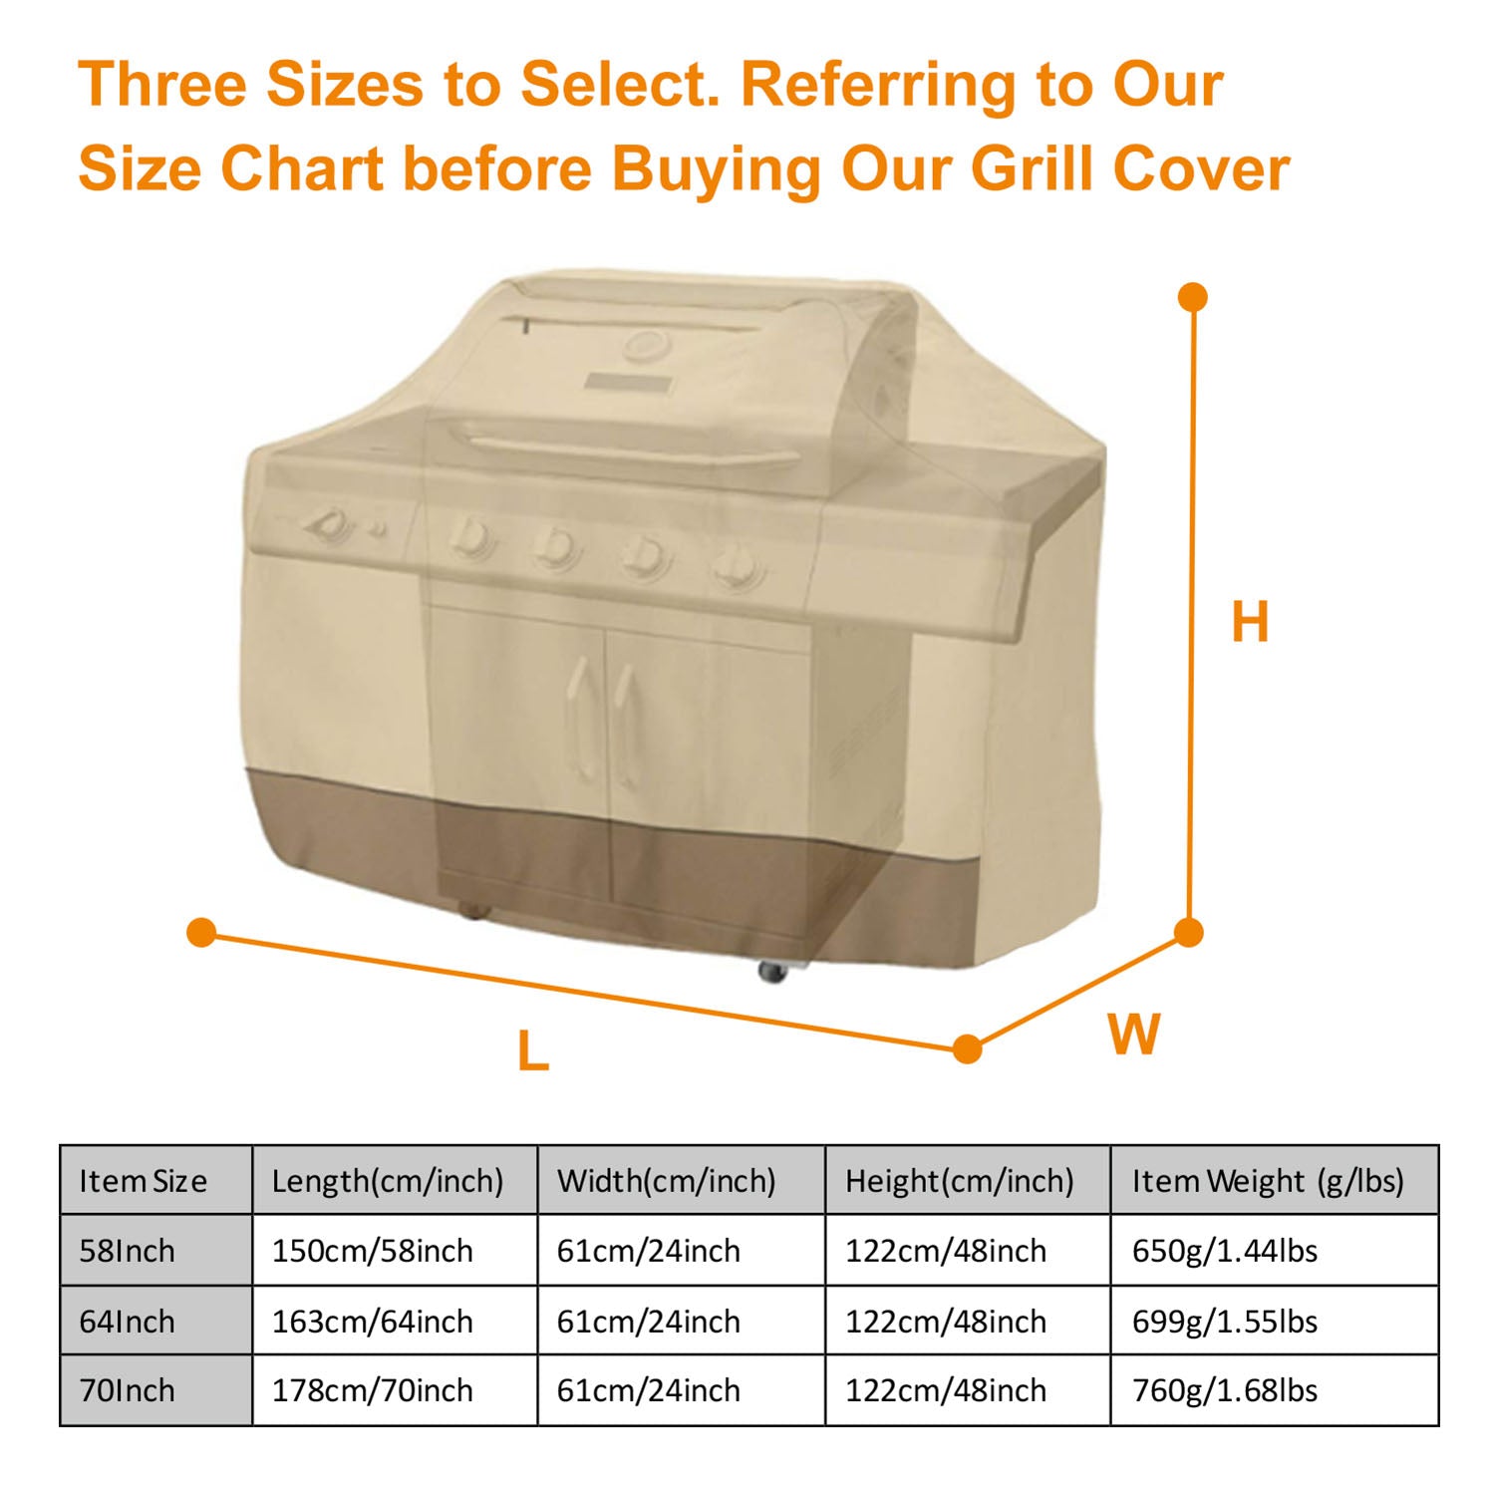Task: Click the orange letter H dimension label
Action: click(1250, 622)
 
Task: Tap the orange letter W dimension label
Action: click(1134, 1034)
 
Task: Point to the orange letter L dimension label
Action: click(533, 1050)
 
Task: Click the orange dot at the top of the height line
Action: click(1192, 297)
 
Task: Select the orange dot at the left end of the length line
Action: click(201, 933)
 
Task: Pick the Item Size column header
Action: click(144, 1181)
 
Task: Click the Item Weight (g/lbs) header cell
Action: click(1268, 1182)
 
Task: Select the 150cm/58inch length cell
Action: click(373, 1251)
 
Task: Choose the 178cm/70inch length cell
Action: click(373, 1390)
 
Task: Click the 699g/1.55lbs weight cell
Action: click(1225, 1322)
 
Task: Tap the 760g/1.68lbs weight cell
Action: click(1225, 1390)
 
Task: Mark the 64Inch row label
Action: click(127, 1322)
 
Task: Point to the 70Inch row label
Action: click(127, 1390)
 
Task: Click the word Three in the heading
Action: click(162, 84)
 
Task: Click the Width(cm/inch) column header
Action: click(667, 1182)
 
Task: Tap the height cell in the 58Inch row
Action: click(946, 1251)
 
